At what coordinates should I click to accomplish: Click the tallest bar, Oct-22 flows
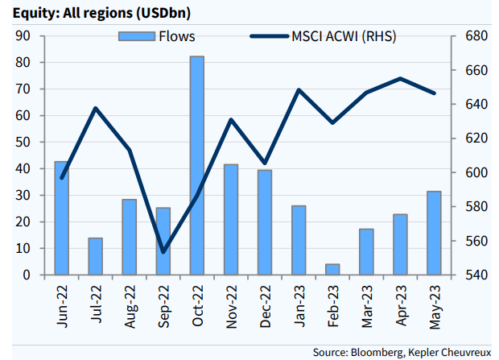click(x=197, y=165)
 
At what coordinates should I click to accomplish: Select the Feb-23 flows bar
click(x=332, y=269)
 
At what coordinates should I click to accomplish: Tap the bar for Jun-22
click(x=61, y=217)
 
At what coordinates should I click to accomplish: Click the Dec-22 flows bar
click(x=265, y=221)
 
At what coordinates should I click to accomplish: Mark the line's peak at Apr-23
click(x=400, y=78)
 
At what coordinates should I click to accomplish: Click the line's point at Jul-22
click(x=96, y=108)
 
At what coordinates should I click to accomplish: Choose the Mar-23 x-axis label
click(x=367, y=306)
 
